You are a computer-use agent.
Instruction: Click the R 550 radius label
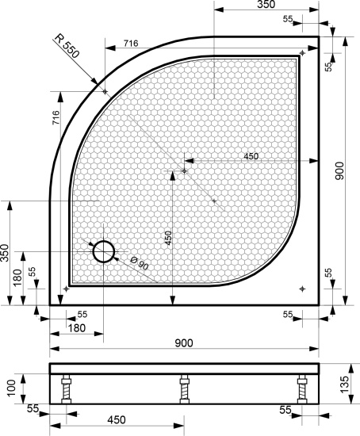67,46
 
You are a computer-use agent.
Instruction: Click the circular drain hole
104,251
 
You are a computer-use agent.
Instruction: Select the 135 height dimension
344,384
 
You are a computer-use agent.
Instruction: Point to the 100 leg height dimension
12,388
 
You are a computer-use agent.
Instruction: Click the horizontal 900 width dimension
184,343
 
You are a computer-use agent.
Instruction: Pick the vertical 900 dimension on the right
339,171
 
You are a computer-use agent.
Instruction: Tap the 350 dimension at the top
266,5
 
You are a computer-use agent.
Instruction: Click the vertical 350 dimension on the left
5,253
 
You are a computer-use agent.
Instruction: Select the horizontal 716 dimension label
131,44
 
